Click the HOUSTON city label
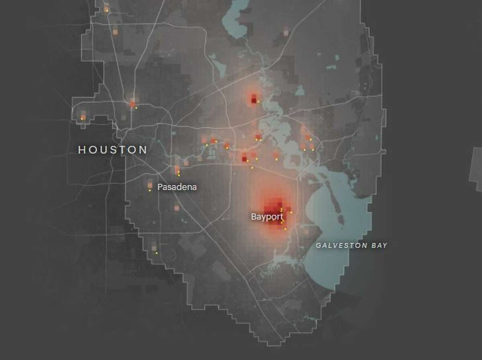112,150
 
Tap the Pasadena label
177,187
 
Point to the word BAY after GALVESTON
378,245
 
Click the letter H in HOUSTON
82,150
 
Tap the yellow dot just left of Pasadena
149,191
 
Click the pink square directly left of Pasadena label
150,185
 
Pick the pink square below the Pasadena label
176,208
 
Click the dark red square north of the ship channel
253,98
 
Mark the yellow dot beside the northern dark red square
258,102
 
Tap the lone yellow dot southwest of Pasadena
157,253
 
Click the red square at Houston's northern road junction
133,104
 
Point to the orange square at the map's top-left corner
106,8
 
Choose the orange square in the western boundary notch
83,117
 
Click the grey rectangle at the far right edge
476,169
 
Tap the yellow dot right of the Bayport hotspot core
291,212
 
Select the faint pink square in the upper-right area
286,32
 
